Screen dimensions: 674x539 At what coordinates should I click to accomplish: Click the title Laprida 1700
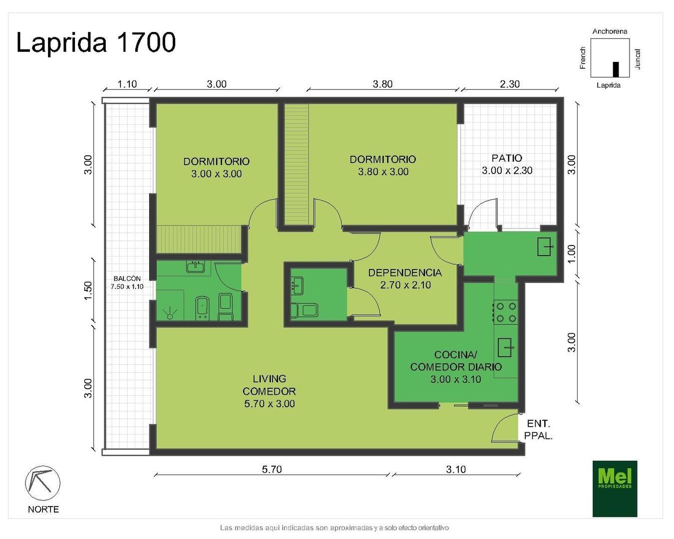click(96, 42)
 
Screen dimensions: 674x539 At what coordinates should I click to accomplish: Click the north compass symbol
click(42, 483)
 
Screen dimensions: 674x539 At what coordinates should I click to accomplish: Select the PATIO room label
click(507, 158)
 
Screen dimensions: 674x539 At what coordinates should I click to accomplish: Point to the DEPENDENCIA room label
click(405, 272)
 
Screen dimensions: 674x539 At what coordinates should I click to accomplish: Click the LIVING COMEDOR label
click(269, 385)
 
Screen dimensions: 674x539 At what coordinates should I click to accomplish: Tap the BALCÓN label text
click(127, 278)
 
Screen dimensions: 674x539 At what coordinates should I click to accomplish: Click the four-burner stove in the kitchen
click(505, 312)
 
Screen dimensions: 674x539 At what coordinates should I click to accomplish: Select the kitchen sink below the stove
click(505, 347)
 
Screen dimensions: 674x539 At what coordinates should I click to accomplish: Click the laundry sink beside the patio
click(545, 247)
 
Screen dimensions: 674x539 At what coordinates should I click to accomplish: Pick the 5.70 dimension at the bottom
click(272, 469)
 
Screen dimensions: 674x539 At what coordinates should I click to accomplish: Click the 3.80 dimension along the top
click(382, 84)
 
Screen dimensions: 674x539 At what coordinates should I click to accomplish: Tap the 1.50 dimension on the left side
click(89, 290)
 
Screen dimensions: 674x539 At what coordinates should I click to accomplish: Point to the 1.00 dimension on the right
click(572, 254)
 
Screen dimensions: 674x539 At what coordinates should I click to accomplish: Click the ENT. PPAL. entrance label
click(538, 429)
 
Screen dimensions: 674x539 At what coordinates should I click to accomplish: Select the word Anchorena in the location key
click(610, 31)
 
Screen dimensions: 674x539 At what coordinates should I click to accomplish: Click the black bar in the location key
click(616, 69)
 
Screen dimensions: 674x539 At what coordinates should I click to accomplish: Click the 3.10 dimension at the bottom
click(456, 469)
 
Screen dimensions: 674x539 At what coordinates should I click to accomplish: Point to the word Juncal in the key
click(638, 59)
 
